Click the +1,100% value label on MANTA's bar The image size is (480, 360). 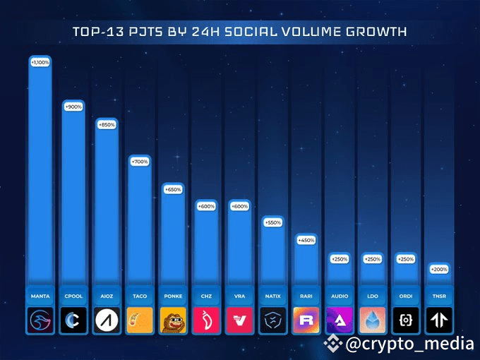[40, 63]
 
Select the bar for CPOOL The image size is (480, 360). [73, 191]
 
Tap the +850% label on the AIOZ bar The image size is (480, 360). [106, 125]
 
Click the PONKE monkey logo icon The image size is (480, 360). [173, 320]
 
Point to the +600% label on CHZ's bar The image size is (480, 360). [206, 206]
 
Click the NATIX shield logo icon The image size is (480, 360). [272, 320]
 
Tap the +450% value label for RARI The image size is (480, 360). [306, 239]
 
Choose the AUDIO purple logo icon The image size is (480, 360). [339, 320]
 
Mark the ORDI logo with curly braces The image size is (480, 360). [405, 320]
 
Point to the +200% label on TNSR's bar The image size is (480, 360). [438, 269]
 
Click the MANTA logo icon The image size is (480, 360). [40, 320]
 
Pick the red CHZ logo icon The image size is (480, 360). [206, 320]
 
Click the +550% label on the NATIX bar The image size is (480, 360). [272, 222]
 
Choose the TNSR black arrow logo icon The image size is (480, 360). [438, 320]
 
